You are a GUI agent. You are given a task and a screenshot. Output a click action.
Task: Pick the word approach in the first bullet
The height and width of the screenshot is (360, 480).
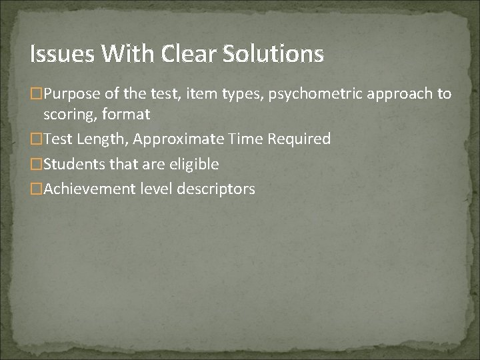401,95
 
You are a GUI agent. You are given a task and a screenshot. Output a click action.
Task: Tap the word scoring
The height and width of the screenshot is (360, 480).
68,115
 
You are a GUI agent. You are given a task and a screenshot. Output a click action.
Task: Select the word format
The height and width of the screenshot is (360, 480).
127,115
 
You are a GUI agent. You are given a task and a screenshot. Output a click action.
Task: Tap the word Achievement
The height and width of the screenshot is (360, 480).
89,189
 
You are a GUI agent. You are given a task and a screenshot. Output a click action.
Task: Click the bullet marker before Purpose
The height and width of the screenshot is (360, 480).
37,95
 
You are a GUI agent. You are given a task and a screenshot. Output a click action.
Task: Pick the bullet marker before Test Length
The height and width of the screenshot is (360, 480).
37,139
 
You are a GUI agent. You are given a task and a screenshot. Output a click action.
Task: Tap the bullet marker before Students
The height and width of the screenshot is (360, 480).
37,164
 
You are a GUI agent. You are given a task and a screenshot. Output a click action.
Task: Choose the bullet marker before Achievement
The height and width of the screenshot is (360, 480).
37,189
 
